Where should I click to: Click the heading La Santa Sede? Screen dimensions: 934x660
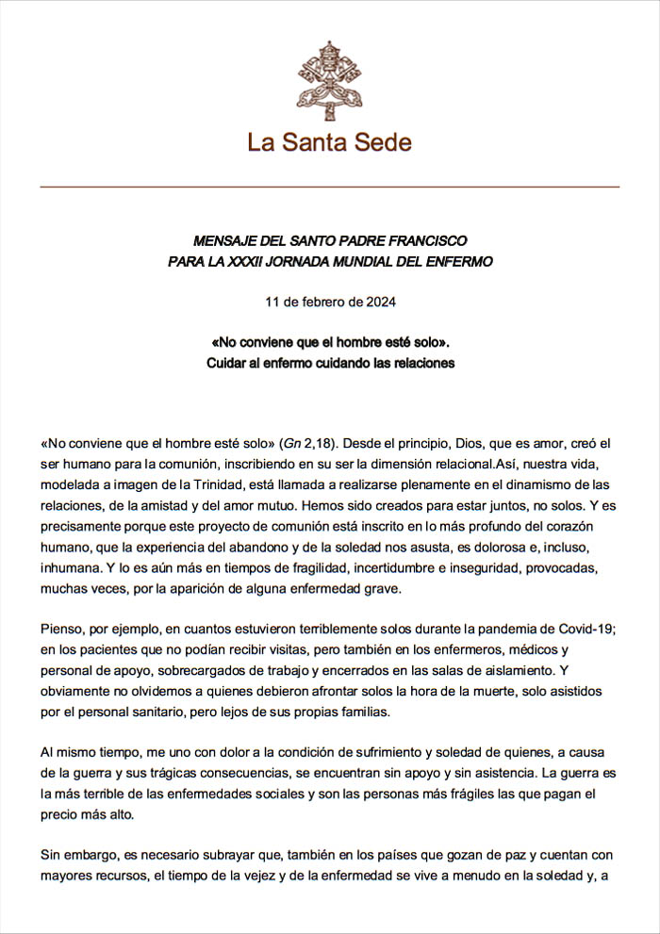click(x=329, y=142)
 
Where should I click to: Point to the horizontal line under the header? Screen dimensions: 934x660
click(x=329, y=188)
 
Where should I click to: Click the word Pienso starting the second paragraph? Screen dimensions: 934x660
click(x=62, y=629)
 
